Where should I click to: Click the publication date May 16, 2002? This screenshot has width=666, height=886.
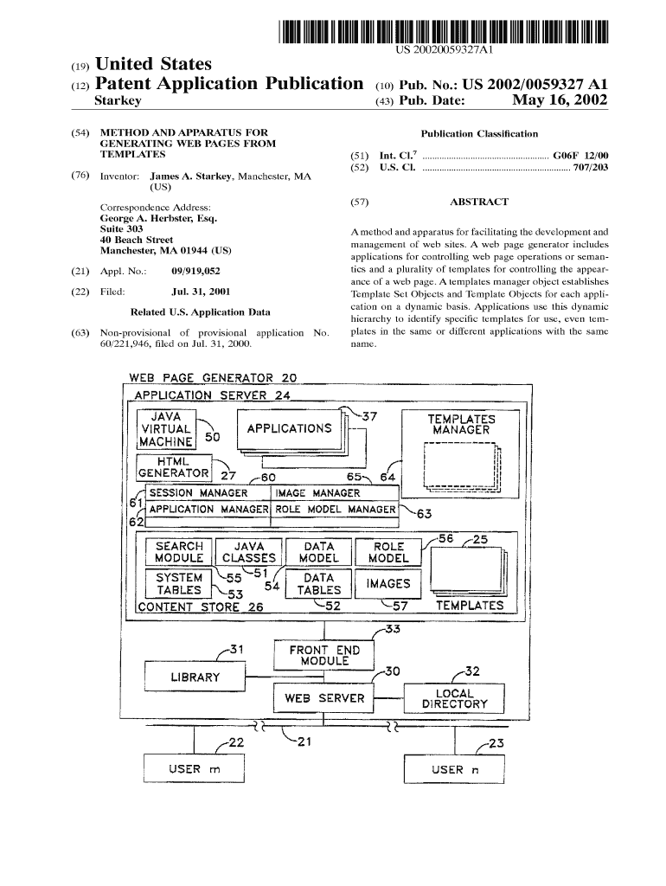click(560, 101)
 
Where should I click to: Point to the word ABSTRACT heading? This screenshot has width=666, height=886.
click(479, 202)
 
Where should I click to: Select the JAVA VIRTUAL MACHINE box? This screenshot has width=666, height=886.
click(166, 428)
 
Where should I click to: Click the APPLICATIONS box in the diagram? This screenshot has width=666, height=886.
click(289, 428)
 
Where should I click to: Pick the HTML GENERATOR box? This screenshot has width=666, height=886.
click(174, 467)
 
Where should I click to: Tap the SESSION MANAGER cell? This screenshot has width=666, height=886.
click(204, 493)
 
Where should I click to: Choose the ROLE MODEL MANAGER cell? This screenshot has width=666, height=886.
click(335, 510)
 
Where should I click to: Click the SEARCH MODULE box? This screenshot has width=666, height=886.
click(179, 552)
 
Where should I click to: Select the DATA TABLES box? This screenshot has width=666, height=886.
click(318, 584)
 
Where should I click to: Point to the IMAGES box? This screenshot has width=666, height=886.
click(388, 584)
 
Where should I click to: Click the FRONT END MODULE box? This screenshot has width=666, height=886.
click(318, 655)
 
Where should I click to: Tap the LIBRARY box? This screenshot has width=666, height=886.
click(195, 677)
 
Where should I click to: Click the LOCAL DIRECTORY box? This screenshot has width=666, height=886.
click(454, 698)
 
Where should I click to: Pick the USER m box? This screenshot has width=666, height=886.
click(195, 769)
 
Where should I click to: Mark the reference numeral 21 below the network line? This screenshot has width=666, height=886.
click(304, 742)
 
